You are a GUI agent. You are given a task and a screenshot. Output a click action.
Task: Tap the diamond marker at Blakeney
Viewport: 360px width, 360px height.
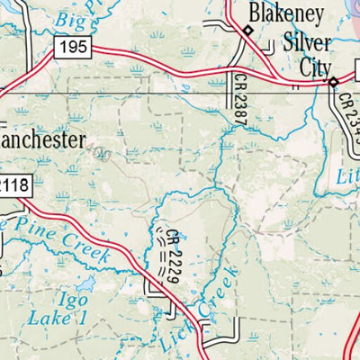pos(247,31)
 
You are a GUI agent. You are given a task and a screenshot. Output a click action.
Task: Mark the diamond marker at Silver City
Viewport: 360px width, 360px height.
pos(332,82)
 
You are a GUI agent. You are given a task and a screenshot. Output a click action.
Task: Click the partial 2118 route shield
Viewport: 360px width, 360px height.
pos(13,184)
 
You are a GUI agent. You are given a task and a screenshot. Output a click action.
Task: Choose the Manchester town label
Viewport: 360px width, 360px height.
pos(42,140)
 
